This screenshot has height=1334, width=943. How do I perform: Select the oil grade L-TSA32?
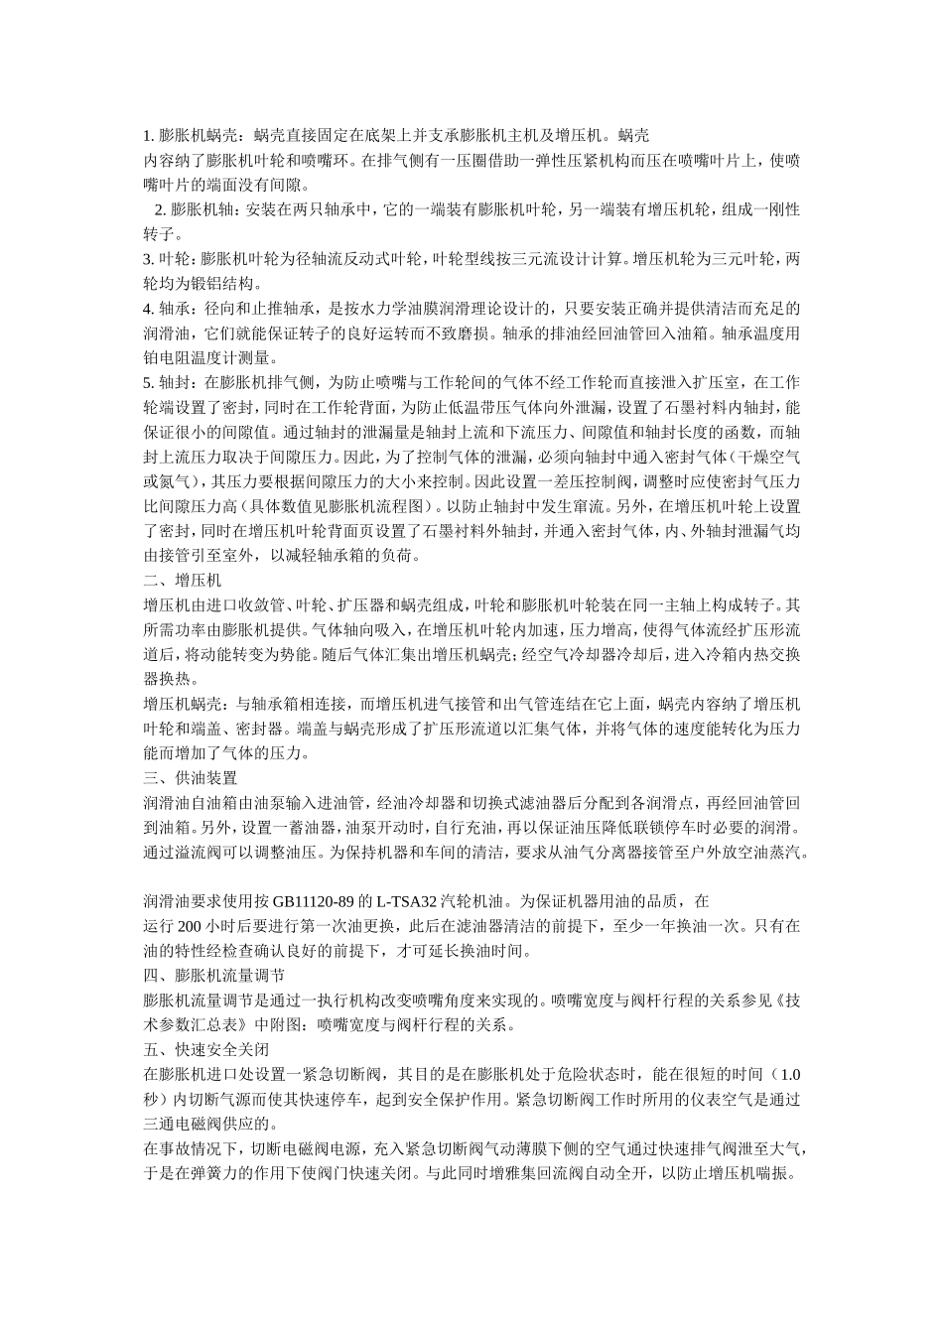coord(407,902)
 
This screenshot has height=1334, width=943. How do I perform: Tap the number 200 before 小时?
coord(190,927)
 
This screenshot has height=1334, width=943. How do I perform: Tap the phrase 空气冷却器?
coord(586,654)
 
